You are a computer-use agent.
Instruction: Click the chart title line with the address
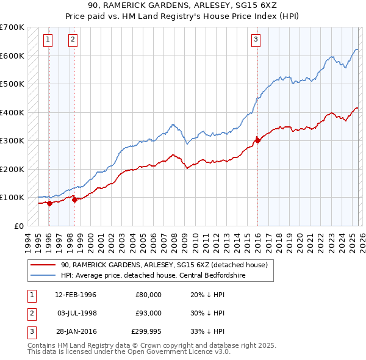[183, 5]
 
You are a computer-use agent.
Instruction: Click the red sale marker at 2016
[257, 140]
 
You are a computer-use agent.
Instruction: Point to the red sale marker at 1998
[74, 199]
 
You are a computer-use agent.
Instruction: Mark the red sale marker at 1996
[49, 203]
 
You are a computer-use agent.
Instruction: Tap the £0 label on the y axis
[18, 226]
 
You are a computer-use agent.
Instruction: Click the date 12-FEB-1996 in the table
[76, 295]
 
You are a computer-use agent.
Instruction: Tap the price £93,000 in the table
[149, 313]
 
